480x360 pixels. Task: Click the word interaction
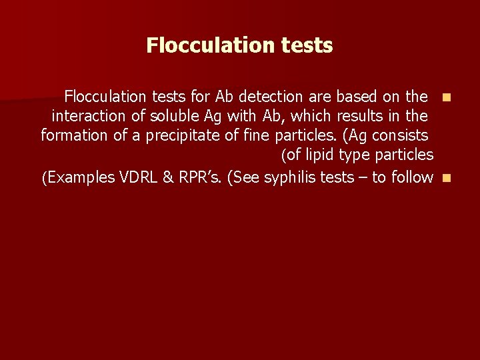89,116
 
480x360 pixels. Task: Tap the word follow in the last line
413,177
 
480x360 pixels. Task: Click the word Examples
78,177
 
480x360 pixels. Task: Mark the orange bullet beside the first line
446,97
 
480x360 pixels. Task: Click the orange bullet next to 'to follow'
446,178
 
